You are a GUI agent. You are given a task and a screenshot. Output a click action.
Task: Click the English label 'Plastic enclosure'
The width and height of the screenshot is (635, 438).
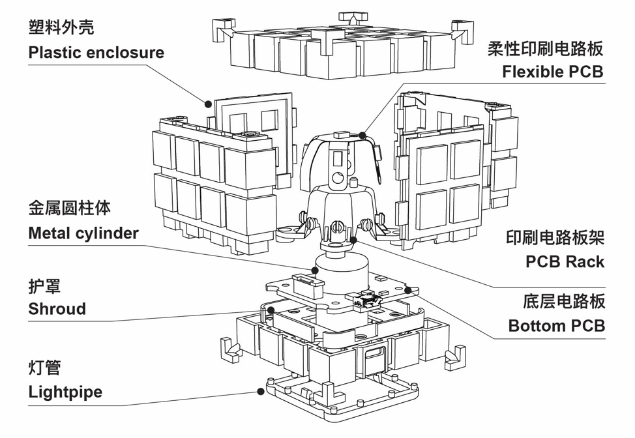point(96,53)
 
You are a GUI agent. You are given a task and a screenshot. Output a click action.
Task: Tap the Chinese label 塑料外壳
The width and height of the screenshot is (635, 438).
point(61,27)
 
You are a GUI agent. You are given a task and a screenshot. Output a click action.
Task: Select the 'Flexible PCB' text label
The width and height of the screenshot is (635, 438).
point(553,72)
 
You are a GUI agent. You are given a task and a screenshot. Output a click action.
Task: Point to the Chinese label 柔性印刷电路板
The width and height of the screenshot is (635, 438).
point(546,48)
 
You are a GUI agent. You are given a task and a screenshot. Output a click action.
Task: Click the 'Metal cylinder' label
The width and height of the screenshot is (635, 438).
point(83,233)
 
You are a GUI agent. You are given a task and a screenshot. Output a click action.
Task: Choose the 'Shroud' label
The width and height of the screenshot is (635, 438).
point(57,308)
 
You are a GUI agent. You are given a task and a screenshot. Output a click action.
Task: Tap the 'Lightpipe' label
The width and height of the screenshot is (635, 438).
point(65,392)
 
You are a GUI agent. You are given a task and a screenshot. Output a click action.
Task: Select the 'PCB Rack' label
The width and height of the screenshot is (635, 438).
point(565,262)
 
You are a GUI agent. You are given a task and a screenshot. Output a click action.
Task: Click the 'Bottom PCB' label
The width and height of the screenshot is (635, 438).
point(557,325)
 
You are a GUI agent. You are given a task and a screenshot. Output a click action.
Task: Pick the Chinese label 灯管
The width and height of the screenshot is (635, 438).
point(45,368)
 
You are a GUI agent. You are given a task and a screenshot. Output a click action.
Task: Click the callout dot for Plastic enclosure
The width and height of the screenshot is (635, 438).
point(208,103)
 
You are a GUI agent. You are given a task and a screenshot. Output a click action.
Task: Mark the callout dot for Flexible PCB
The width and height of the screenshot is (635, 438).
point(362,135)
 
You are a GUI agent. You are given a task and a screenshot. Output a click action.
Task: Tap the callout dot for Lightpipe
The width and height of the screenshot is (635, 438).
point(261,392)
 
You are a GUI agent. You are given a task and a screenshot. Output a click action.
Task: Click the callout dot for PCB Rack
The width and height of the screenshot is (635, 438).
point(353,240)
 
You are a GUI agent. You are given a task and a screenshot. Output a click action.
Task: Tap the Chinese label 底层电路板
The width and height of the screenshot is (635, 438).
point(564,301)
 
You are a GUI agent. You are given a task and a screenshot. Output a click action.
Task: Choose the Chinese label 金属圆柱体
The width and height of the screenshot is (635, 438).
point(70,208)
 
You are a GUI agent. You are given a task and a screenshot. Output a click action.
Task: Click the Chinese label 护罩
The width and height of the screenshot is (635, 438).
point(45,285)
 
